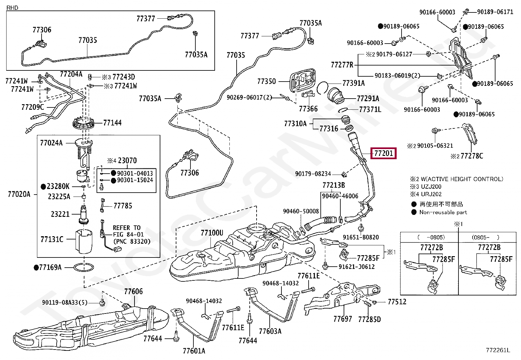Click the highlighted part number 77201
[383, 153]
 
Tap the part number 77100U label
[212, 233]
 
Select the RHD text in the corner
[12, 8]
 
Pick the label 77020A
[19, 194]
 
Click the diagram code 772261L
[498, 350]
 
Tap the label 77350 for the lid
[266, 81]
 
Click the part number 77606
[133, 291]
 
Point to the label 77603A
[270, 331]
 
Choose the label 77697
[343, 319]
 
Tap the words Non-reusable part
[443, 212]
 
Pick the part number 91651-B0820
[361, 237]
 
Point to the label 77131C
[52, 239]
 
